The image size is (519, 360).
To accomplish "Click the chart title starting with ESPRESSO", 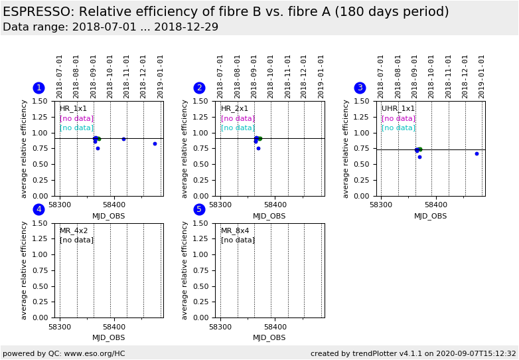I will click(x=226, y=12).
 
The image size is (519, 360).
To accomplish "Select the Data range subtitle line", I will click(x=110, y=27).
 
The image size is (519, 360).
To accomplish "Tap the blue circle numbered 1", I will click(x=38, y=88).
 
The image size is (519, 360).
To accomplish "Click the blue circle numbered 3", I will click(x=360, y=88).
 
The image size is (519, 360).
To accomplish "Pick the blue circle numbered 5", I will click(x=199, y=209).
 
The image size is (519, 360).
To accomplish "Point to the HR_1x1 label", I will click(x=73, y=109).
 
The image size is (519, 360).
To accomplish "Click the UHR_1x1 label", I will click(x=398, y=109).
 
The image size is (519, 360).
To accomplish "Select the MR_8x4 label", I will click(x=235, y=231).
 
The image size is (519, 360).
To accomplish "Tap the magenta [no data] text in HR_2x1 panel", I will click(x=238, y=119).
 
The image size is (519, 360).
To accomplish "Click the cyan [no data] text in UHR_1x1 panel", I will click(x=398, y=128).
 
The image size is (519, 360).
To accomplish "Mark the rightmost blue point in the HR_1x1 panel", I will click(x=155, y=143).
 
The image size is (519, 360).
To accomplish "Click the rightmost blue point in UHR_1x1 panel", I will click(x=477, y=153).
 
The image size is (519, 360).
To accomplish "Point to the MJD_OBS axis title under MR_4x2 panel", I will click(x=108, y=337).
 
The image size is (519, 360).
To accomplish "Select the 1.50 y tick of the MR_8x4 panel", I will click(x=202, y=223).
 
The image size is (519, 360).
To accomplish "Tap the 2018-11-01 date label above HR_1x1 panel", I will click(x=127, y=76).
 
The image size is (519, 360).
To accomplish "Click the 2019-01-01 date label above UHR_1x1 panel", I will click(x=482, y=76).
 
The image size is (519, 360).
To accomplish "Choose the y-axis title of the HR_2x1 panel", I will click(x=185, y=149).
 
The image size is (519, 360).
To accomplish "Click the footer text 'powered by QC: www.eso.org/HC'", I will click(x=64, y=353).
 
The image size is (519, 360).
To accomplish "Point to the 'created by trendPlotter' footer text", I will click(x=413, y=353).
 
